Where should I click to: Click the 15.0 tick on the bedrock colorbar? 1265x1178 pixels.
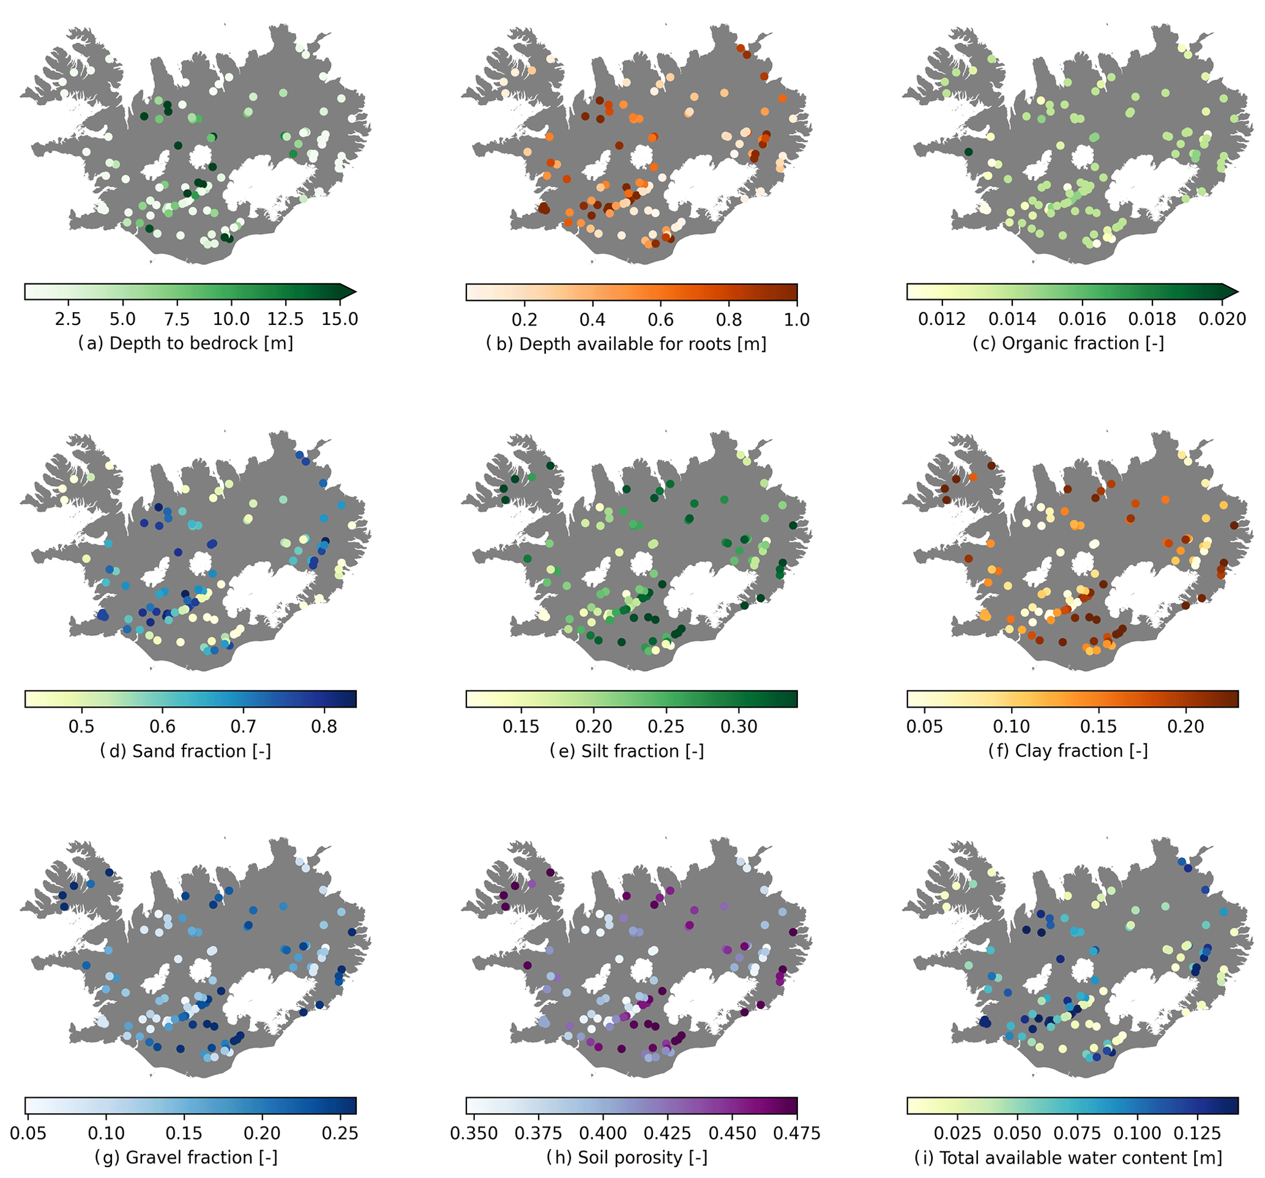click(339, 318)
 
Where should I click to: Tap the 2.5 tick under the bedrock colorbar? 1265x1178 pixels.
click(67, 318)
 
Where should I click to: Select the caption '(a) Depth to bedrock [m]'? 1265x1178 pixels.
click(186, 343)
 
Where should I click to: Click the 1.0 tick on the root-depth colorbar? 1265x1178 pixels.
click(797, 319)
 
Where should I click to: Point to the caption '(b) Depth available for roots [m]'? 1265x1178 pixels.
click(626, 344)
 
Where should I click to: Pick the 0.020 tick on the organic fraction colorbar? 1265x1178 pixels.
click(1221, 318)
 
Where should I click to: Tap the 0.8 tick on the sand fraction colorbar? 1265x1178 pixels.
click(324, 726)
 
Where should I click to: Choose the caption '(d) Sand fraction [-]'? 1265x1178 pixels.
click(186, 751)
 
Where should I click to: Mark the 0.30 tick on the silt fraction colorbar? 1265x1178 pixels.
click(739, 726)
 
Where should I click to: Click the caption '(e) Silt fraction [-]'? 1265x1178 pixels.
click(627, 751)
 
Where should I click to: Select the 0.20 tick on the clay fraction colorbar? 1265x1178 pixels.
click(1185, 726)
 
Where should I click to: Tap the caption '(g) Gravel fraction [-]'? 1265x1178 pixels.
click(186, 1158)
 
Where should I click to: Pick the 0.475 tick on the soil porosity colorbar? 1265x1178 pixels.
click(797, 1133)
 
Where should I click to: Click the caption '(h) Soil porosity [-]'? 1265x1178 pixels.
click(627, 1158)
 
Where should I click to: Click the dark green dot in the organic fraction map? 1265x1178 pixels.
click(968, 152)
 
